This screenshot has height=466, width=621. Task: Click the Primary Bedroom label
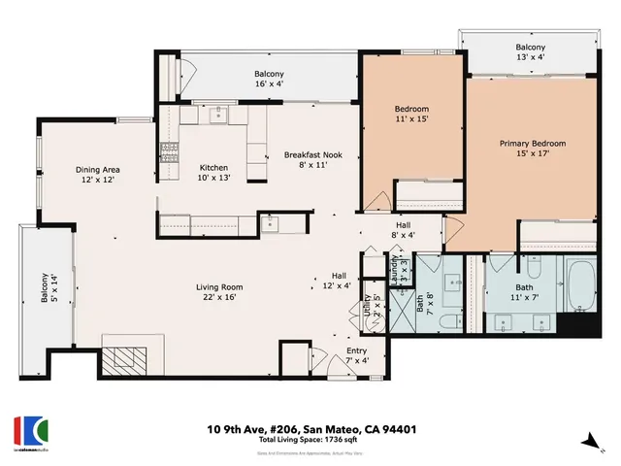(x=532, y=144)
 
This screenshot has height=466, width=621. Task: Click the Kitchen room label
(x=213, y=167)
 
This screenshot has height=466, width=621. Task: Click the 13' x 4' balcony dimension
(x=530, y=57)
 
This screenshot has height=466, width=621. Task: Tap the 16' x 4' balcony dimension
(x=269, y=84)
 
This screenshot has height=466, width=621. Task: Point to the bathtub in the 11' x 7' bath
(x=580, y=287)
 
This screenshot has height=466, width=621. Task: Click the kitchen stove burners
(x=169, y=152)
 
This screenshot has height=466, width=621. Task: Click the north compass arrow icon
(x=587, y=441)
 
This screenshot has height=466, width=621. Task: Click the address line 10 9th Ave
(x=310, y=427)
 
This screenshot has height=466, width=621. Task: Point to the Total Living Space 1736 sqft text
(x=310, y=441)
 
